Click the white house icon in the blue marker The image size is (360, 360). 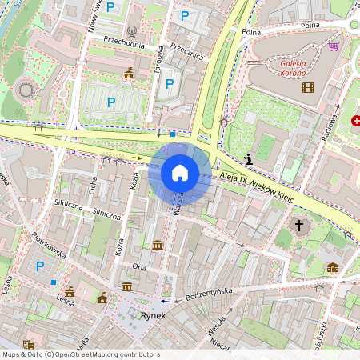180,173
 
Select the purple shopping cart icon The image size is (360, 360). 333,46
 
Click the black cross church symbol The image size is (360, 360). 300,226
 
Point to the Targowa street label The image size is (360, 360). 158,64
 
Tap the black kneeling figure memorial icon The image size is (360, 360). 250,159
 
